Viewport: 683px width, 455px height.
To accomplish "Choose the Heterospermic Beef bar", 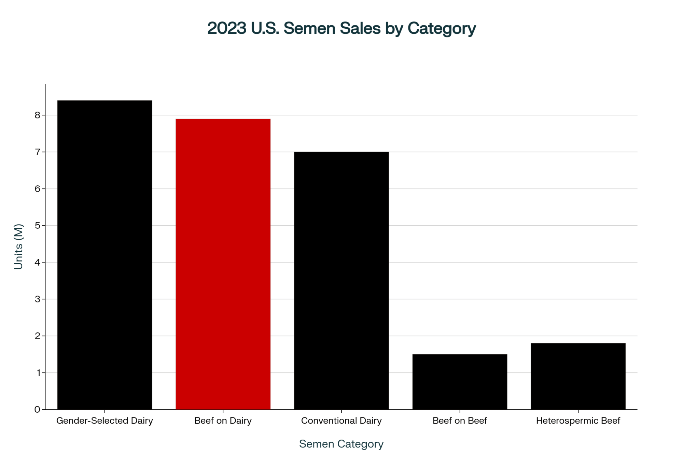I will (x=578, y=376).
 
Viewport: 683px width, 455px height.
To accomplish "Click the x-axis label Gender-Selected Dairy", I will (x=104, y=421).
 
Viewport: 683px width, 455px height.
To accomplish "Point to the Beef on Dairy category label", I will (x=223, y=421).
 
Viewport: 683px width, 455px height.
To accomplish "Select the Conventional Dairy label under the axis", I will (x=341, y=421).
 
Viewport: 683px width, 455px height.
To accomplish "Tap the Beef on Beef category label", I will (x=460, y=421).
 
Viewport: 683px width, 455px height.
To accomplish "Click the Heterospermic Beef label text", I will (x=578, y=421).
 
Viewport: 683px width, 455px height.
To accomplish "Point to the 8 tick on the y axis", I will (x=37, y=115).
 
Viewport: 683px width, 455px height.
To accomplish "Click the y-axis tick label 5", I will (x=37, y=225).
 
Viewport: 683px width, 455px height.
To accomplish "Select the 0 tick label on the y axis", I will (x=37, y=409).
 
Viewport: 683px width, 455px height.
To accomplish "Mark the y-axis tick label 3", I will (x=37, y=299).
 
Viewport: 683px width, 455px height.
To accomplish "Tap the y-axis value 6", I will (x=37, y=189).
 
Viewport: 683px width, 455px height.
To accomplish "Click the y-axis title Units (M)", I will (x=18, y=246).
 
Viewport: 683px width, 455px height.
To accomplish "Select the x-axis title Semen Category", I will (x=341, y=444).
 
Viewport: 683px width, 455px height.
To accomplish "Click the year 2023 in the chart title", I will (x=227, y=28).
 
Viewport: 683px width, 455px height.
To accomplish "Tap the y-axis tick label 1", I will (x=37, y=372).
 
